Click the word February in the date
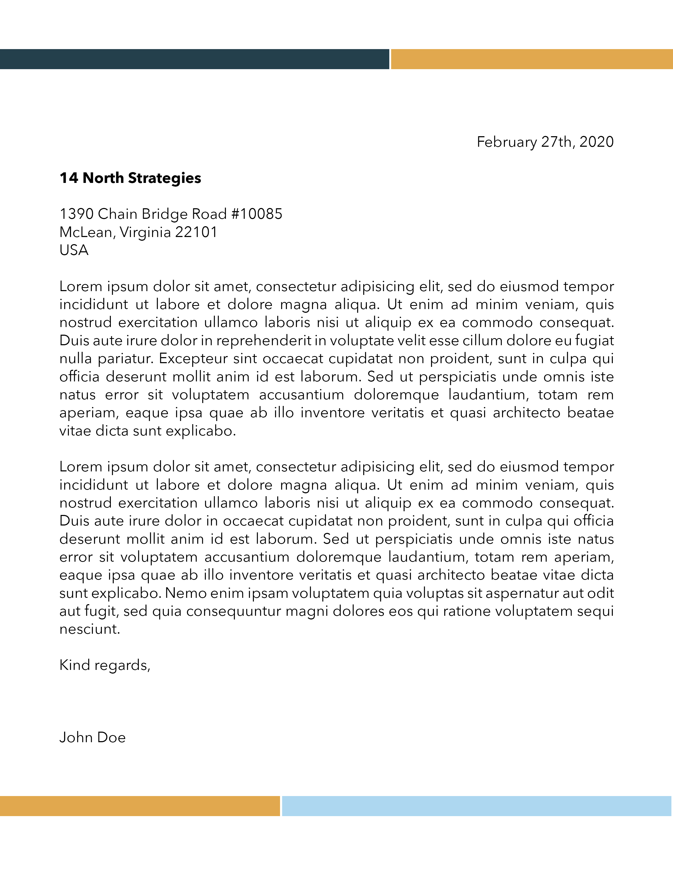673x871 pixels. click(507, 142)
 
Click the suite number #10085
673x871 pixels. click(256, 214)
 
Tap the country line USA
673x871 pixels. click(74, 250)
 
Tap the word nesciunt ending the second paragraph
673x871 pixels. click(90, 629)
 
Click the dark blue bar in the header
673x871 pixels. click(194, 59)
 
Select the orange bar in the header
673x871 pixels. click(532, 59)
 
